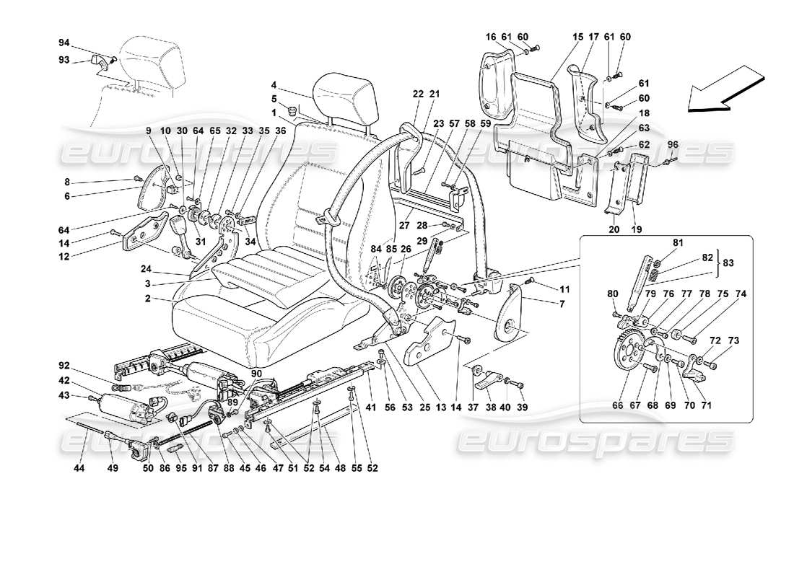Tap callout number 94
click(64, 43)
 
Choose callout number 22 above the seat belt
click(417, 94)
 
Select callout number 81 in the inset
click(679, 243)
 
